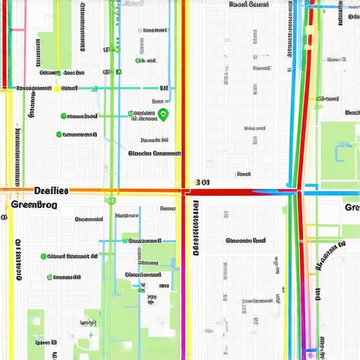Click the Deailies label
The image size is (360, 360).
[51, 191]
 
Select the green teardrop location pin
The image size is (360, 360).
[163, 115]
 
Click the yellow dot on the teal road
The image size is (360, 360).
[56, 89]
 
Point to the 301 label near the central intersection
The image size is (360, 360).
[202, 182]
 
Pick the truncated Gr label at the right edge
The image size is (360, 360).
[351, 207]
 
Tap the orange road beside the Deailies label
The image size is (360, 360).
[91, 190]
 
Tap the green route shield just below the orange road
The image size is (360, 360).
[110, 200]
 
